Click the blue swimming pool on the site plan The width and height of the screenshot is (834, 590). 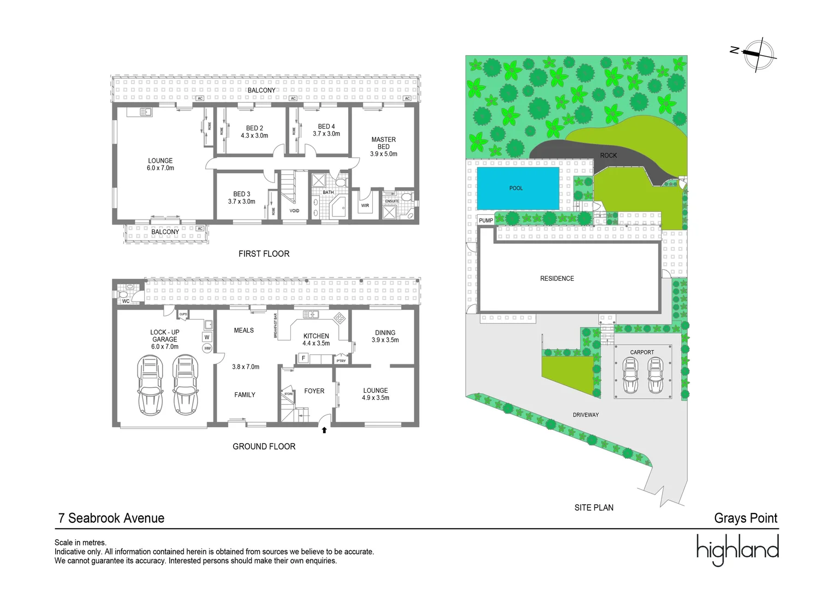[517, 188]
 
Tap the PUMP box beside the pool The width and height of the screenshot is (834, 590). [486, 221]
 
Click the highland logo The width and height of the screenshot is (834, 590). [737, 549]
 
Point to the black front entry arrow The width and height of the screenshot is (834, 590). [324, 430]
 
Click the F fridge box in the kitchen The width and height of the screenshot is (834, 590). [303, 358]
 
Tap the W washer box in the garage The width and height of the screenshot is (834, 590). [207, 337]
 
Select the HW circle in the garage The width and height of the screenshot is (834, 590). [207, 348]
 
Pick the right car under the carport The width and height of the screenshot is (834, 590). [656, 376]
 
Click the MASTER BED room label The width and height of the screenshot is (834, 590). [384, 143]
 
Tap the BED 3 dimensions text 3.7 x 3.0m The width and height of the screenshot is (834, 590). [242, 202]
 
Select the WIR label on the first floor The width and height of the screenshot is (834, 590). [365, 206]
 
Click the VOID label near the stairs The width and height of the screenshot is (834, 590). [294, 211]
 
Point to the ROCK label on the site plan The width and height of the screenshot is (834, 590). [608, 156]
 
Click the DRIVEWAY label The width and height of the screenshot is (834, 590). [586, 415]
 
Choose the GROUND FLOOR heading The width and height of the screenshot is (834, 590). [264, 446]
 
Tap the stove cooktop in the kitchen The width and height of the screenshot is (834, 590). [339, 317]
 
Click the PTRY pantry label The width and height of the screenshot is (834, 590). [341, 361]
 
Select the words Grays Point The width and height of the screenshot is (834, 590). [746, 518]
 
